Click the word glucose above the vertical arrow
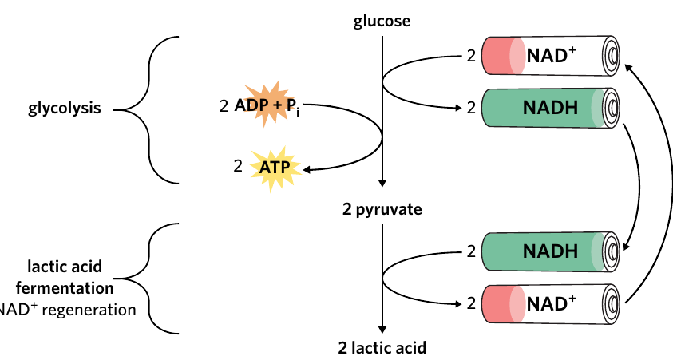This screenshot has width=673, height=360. pyautogui.click(x=382, y=21)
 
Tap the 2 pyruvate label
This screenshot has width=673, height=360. pyautogui.click(x=382, y=209)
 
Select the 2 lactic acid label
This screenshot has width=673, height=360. pyautogui.click(x=382, y=347)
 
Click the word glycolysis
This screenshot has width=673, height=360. pyautogui.click(x=65, y=108)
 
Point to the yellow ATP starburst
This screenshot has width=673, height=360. pyautogui.click(x=275, y=168)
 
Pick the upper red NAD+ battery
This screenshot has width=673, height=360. pyautogui.click(x=551, y=56)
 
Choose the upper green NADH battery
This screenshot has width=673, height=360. pyautogui.click(x=551, y=108)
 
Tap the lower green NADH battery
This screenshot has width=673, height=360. pyautogui.click(x=551, y=252)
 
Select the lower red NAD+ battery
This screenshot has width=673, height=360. pyautogui.click(x=551, y=304)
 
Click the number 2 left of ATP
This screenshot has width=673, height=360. pyautogui.click(x=238, y=166)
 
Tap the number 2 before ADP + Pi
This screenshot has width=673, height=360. pyautogui.click(x=224, y=106)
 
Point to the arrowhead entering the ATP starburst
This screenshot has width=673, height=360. pyautogui.click(x=307, y=170)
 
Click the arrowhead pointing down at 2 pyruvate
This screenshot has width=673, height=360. pyautogui.click(x=382, y=183)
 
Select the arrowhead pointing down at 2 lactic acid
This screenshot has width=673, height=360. pyautogui.click(x=382, y=330)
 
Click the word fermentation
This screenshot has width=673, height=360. pyautogui.click(x=65, y=288)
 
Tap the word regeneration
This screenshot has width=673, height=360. pyautogui.click(x=89, y=310)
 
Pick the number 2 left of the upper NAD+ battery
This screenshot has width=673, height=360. pyautogui.click(x=471, y=56)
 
